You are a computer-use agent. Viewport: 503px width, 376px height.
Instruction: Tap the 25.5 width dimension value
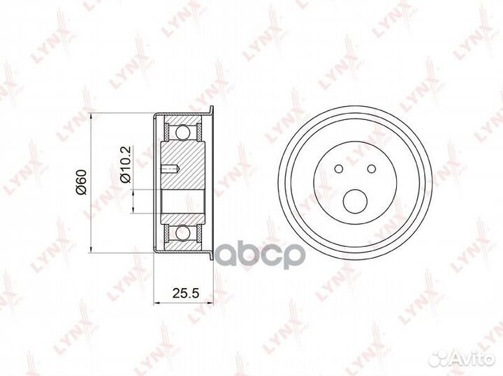tap(182, 293)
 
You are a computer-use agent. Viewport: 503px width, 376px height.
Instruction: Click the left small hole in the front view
tap(338, 168)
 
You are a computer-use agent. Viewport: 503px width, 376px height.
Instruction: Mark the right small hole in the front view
tap(371, 168)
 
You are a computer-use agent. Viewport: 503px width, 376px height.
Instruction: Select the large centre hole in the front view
tap(355, 202)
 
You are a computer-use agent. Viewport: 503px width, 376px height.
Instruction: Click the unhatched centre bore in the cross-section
tap(182, 202)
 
